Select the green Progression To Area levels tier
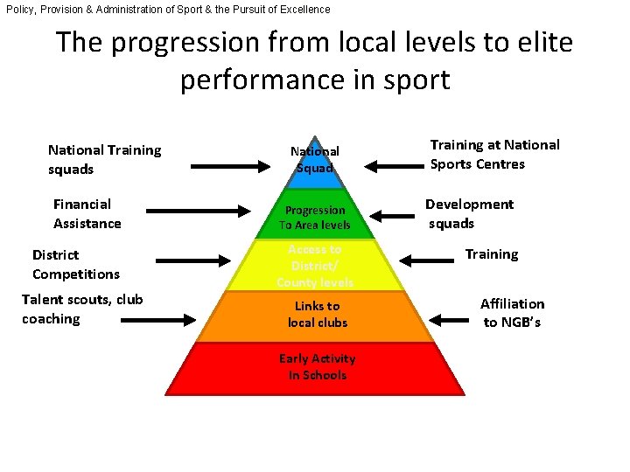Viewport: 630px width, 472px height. coord(315,218)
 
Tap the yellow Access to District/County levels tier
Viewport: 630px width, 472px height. coord(315,266)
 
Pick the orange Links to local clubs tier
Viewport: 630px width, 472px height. coord(317,315)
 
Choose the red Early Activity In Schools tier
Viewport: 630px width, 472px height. coord(317,367)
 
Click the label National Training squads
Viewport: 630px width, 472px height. coord(104,159)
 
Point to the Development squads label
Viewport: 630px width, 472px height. coord(469,213)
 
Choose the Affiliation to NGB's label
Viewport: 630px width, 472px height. coord(513,313)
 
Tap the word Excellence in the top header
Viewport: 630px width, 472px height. coord(299,9)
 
